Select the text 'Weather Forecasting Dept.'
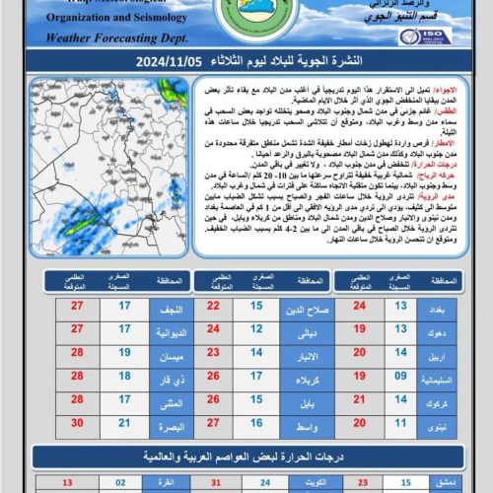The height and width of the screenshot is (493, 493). click(104, 38)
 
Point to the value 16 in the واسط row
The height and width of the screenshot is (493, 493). click(256, 428)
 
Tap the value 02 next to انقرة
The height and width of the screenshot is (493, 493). click(119, 483)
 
